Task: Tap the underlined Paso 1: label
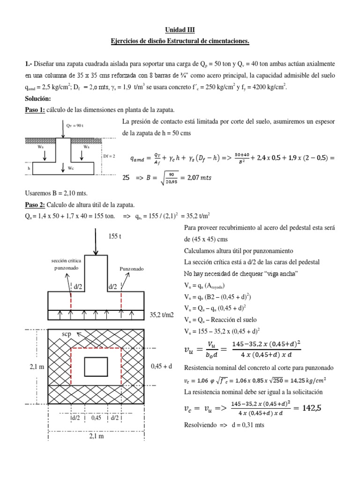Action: click(x=34, y=110)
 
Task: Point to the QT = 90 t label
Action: click(x=75, y=126)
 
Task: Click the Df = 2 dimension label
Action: click(x=108, y=156)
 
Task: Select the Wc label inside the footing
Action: click(x=72, y=168)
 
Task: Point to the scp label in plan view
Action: click(x=67, y=334)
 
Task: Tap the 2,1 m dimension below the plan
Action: click(x=96, y=436)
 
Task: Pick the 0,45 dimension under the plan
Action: click(x=96, y=418)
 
